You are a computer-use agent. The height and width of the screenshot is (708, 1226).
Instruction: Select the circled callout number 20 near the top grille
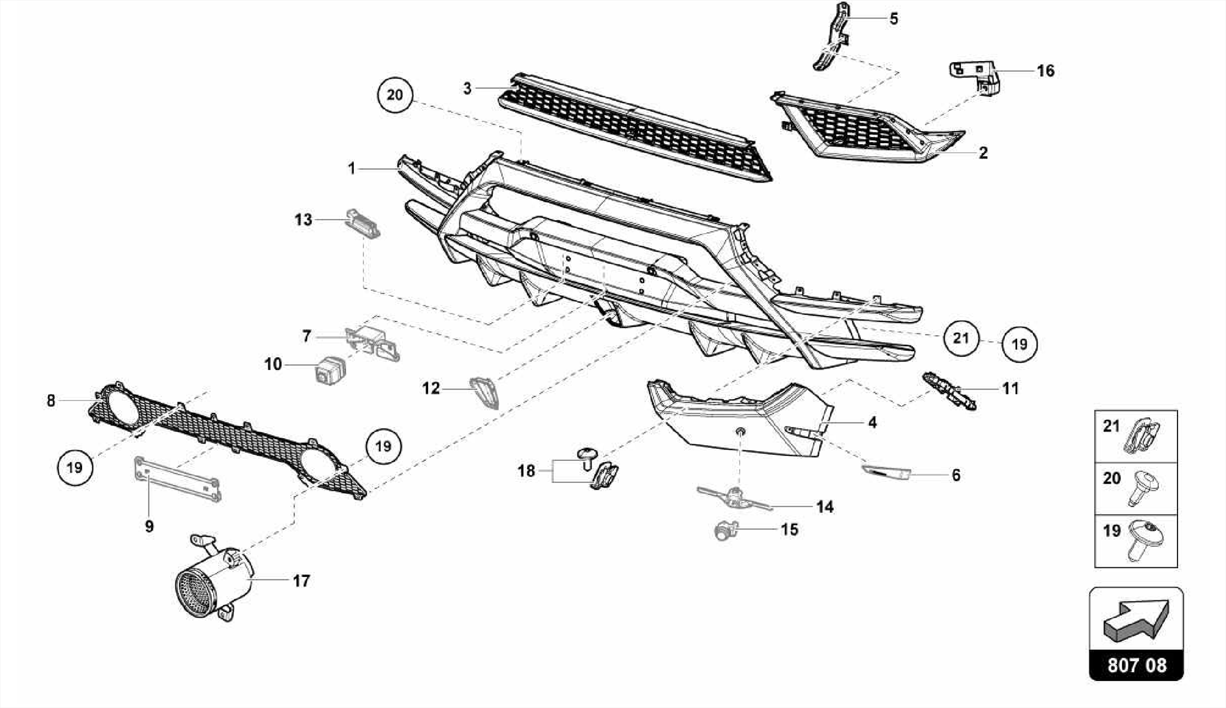click(x=395, y=95)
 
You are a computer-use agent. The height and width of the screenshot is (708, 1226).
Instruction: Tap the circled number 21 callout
click(x=960, y=338)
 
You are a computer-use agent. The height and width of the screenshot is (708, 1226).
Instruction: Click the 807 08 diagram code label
click(x=1136, y=666)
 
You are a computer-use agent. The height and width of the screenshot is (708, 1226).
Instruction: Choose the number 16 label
click(x=1045, y=71)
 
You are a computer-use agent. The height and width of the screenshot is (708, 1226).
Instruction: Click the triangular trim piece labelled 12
click(x=484, y=392)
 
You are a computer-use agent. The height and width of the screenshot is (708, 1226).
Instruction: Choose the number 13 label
click(x=304, y=220)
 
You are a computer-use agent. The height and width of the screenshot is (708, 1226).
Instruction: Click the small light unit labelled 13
click(x=363, y=223)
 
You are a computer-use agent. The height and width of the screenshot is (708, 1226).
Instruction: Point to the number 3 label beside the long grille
click(x=467, y=89)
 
